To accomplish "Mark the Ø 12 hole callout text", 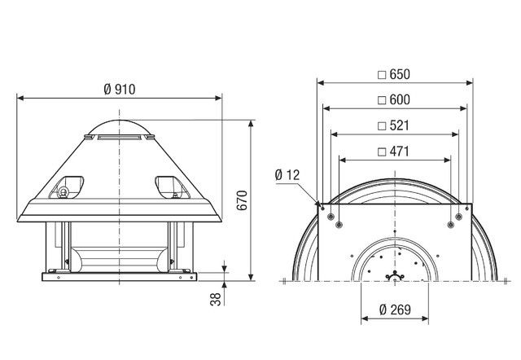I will (x=289, y=175).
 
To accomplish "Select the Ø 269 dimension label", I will (x=395, y=310).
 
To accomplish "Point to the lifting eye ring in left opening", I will (x=62, y=192).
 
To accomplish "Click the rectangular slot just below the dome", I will (x=107, y=139).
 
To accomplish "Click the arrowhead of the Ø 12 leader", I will (x=316, y=201).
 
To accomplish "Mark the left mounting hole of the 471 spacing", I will (x=339, y=219).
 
